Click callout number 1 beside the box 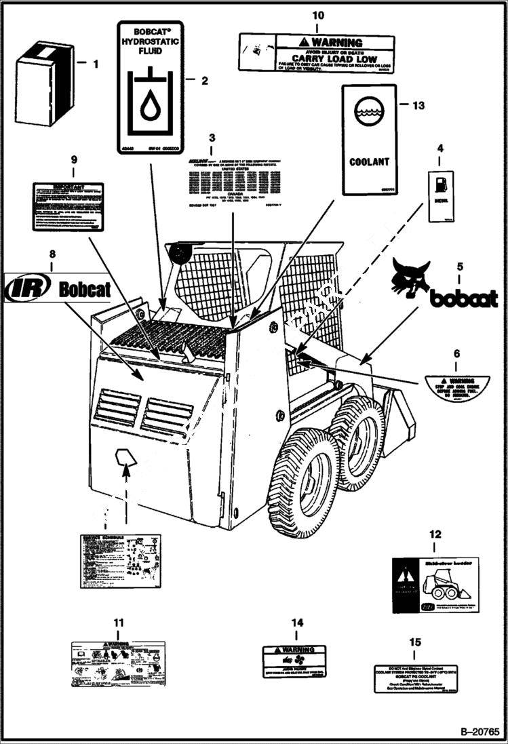[95, 64]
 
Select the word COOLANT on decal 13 [369, 162]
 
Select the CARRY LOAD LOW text [334, 59]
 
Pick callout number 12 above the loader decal [435, 535]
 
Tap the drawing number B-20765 [479, 732]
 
